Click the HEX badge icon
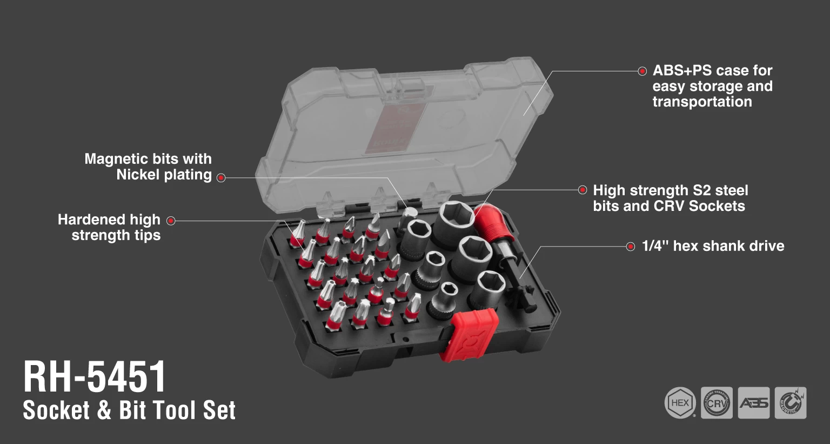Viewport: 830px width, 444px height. point(680,403)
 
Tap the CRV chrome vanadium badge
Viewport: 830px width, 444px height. point(717,403)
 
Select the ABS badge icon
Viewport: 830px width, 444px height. point(754,403)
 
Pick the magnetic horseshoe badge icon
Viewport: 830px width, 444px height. point(791,403)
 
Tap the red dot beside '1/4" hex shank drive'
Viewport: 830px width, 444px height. point(630,247)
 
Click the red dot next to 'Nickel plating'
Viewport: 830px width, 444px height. point(221,178)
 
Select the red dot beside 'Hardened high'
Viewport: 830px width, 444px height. point(171,221)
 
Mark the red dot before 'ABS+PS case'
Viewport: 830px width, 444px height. point(642,71)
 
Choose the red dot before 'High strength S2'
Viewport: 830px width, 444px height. point(583,190)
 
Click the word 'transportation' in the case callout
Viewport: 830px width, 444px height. point(702,102)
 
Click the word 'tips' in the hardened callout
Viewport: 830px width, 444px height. point(148,236)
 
